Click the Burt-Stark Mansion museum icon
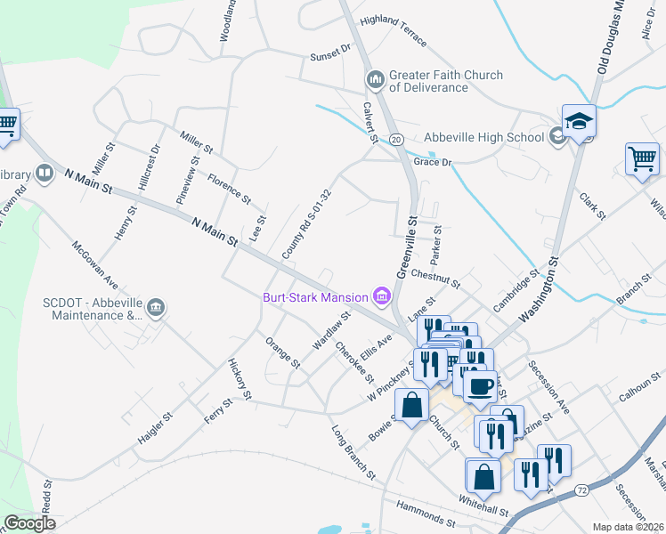tap(383, 296)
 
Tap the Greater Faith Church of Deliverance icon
tap(375, 81)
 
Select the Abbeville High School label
tap(483, 137)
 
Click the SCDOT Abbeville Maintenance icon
tap(157, 308)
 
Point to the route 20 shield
tap(396, 139)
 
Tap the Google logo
tap(29, 522)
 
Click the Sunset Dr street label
tap(330, 56)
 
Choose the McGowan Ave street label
tap(95, 264)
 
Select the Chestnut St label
tap(435, 280)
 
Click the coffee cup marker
tap(481, 387)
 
